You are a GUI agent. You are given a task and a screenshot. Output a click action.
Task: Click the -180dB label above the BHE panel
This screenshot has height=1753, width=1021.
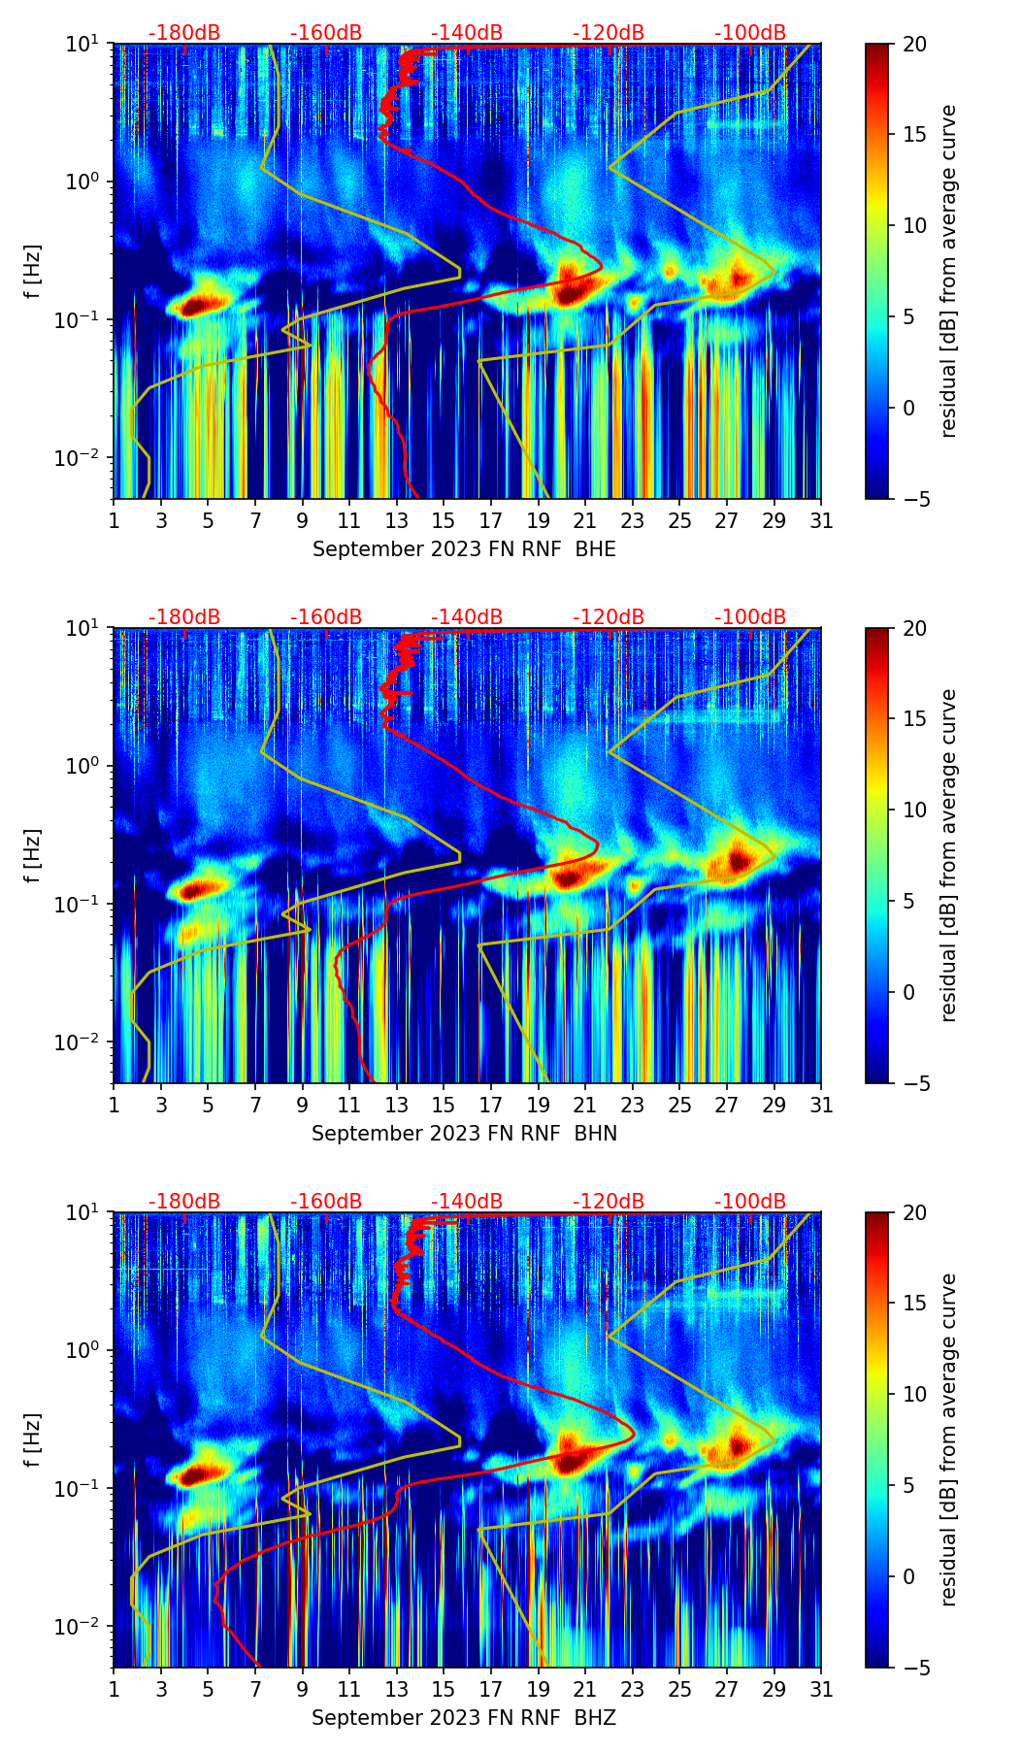184,34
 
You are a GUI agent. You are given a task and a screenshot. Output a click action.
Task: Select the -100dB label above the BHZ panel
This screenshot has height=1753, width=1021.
750,1203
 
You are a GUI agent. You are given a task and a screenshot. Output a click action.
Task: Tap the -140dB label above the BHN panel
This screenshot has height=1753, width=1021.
467,618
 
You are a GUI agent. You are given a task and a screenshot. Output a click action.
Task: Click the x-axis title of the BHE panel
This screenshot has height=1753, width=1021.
464,549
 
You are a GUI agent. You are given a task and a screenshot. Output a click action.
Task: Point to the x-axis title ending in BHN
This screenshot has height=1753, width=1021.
464,1134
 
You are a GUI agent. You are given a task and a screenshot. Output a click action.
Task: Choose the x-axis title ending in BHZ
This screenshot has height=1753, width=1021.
464,1718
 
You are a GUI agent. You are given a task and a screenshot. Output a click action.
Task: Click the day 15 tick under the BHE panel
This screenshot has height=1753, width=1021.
444,521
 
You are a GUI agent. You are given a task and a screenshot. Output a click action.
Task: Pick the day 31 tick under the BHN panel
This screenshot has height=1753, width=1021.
821,1106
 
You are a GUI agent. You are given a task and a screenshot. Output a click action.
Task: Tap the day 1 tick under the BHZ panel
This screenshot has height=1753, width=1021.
115,1690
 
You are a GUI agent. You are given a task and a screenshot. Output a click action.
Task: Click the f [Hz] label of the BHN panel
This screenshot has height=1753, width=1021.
33,855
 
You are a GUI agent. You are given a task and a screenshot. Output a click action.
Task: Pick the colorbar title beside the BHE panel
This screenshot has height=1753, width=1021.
948,271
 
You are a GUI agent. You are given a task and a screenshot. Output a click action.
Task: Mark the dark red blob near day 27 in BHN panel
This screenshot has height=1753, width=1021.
739,859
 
